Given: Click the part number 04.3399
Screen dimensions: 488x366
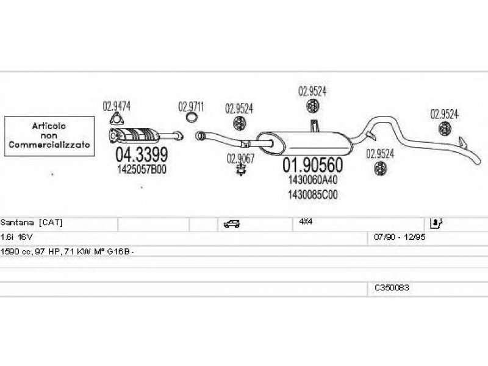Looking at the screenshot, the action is click(142, 154).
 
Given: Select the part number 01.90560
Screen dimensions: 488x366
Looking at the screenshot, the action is click(312, 165).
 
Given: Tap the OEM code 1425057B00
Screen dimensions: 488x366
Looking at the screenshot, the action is click(142, 170).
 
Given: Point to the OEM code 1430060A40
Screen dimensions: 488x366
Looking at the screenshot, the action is click(312, 179).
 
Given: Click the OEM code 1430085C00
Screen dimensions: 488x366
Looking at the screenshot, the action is click(312, 195).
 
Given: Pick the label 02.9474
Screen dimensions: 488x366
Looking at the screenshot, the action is click(117, 106).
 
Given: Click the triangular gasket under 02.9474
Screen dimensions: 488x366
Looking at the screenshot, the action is click(116, 120).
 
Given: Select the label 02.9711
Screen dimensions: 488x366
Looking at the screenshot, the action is click(191, 107).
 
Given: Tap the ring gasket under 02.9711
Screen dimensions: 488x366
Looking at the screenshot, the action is click(192, 118).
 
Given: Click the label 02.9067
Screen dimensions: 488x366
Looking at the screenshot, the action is click(240, 159).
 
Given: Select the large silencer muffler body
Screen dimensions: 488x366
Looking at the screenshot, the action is click(304, 143).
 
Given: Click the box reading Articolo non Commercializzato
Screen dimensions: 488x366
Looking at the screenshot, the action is click(49, 136).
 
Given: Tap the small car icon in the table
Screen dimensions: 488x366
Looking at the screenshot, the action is click(232, 224).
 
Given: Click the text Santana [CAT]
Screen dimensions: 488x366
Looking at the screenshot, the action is click(32, 223).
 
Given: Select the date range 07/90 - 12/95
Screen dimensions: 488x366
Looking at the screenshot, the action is click(400, 237).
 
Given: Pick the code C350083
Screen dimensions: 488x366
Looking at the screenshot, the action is click(392, 288).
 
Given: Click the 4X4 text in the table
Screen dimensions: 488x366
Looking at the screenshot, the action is click(306, 221).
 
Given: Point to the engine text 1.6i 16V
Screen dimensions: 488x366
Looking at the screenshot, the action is click(16, 237).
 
